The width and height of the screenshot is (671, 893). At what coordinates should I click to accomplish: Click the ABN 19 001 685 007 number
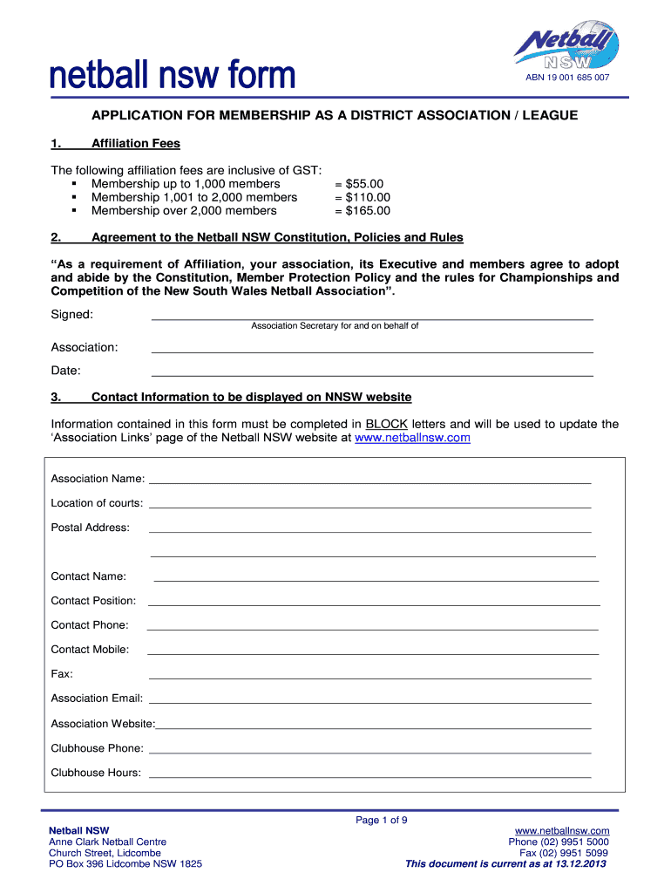point(566,78)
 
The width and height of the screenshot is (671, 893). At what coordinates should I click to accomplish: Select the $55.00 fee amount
point(363,184)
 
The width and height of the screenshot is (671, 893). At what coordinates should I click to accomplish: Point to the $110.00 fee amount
point(367,197)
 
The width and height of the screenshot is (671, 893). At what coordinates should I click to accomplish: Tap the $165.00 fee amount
point(367,210)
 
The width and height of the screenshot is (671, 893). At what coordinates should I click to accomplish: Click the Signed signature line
point(372,318)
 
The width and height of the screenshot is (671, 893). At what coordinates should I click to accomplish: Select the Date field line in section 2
point(372,374)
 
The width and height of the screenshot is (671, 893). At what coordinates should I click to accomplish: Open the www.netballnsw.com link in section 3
point(412,438)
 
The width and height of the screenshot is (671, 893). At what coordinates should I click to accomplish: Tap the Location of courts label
point(97,503)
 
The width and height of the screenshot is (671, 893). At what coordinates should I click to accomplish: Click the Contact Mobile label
point(90,650)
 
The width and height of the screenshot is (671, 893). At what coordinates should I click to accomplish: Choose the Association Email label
point(97,699)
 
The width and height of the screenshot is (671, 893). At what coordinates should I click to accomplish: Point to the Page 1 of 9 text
point(382,820)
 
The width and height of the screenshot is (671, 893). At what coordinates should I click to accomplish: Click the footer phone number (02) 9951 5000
point(577,842)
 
